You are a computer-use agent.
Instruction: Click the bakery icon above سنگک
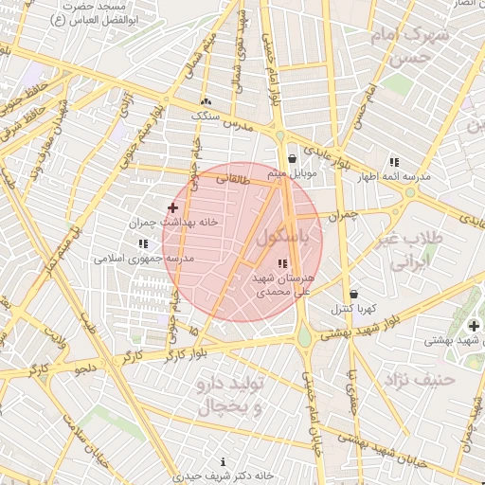pos(206,101)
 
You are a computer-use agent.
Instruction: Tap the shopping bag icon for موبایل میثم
pos(292,159)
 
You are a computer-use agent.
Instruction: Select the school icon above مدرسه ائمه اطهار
pos(393,162)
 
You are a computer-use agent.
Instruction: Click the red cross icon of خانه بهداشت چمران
pos(172,207)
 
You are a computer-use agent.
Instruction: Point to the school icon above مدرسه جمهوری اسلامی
pos(143,243)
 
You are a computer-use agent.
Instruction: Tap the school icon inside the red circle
pos(281,263)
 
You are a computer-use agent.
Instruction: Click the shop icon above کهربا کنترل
pos(353,295)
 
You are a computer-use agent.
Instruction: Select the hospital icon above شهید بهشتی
pos(474,326)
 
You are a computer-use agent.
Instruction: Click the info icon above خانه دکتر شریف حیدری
pos(223,462)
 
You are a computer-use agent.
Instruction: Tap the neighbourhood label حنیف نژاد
pos(421,379)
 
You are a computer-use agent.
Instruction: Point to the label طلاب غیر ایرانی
pos(411,249)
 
